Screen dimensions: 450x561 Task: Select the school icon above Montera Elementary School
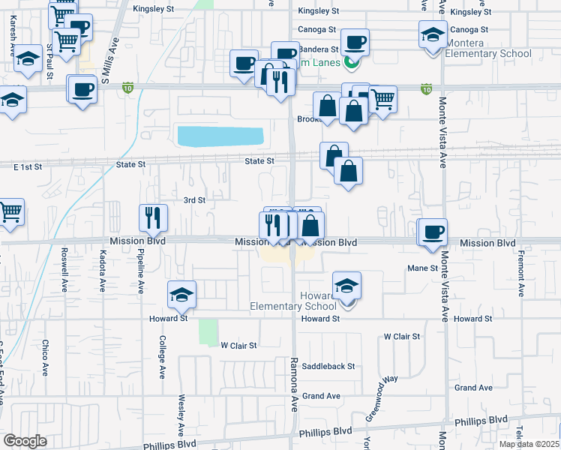433,34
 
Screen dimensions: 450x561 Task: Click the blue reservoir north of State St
220,136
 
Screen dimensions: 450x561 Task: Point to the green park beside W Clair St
208,330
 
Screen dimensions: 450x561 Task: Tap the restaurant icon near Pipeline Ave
153,217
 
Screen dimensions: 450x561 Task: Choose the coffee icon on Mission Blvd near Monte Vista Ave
432,232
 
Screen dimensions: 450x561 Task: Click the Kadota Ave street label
102,271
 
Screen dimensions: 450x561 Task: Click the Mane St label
422,268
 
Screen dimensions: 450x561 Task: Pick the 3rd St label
194,200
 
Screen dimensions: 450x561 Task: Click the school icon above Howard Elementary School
346,286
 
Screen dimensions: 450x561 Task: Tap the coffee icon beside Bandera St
355,41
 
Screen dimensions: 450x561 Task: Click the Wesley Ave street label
181,415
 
